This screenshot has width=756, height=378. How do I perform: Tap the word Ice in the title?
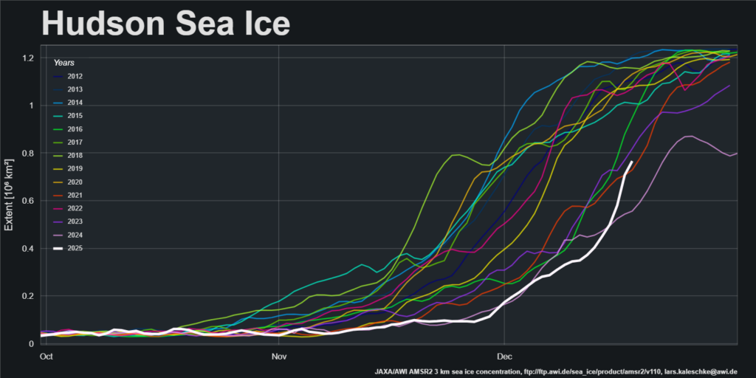[264, 24]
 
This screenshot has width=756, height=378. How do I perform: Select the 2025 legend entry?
[75, 249]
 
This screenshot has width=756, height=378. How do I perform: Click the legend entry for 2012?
[75, 76]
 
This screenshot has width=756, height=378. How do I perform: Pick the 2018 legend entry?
[75, 156]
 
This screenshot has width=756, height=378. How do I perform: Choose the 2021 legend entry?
[75, 196]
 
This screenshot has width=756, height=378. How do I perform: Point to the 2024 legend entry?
[75, 236]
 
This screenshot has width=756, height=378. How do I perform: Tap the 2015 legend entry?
[75, 116]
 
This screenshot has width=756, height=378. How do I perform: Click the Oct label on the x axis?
[46, 356]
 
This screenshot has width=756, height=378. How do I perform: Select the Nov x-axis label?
[278, 356]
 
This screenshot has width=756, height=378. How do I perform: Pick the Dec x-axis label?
[504, 356]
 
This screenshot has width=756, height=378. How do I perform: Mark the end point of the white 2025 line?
[632, 162]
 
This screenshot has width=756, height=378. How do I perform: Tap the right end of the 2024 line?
[737, 153]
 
